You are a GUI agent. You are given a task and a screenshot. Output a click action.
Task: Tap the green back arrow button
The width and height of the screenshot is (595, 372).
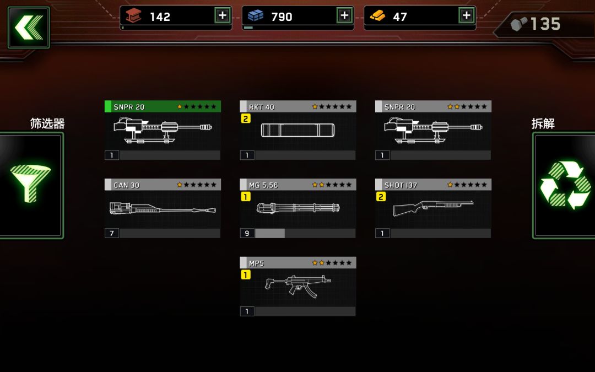[x=29, y=28]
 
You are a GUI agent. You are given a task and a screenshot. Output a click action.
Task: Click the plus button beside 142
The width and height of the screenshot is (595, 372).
[x=223, y=15]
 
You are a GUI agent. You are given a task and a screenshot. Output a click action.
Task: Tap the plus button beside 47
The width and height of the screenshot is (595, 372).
[x=467, y=15]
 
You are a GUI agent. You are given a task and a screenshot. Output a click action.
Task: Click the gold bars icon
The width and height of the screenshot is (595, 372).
[x=377, y=16]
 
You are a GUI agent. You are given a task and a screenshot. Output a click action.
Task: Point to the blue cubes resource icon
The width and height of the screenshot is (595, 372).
[x=256, y=15]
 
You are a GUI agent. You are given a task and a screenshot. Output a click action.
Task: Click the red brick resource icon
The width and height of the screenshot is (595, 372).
[x=133, y=15]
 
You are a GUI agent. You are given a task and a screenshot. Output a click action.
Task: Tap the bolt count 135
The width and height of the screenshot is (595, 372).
[x=545, y=24]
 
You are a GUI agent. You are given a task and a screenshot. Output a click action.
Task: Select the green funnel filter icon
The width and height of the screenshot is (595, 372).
[x=30, y=184]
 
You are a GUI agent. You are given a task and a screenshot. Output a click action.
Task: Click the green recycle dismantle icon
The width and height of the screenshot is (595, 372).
[x=565, y=185]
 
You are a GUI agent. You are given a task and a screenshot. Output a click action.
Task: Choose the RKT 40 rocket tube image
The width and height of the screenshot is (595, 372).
[x=298, y=130]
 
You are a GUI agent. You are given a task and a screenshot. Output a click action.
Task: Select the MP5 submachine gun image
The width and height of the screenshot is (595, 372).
[x=298, y=286]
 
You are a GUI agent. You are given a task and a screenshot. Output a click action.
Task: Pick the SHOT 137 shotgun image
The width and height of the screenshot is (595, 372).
[x=433, y=208]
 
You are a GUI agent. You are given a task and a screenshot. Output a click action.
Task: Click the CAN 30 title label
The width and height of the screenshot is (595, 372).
[x=127, y=185]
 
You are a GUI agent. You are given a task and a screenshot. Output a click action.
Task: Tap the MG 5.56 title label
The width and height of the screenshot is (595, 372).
[x=263, y=185]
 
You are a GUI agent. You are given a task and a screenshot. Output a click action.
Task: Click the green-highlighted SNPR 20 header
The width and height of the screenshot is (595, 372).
[x=163, y=107]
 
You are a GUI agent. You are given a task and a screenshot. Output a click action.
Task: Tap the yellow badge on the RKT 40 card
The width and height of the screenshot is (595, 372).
[x=246, y=119]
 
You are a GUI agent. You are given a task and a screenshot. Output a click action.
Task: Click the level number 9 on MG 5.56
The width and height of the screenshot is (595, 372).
[x=247, y=234]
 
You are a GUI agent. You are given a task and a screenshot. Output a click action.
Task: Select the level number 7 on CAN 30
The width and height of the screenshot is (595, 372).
[x=111, y=234]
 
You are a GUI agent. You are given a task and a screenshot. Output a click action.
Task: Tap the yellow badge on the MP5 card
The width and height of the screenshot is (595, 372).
[x=246, y=275]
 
